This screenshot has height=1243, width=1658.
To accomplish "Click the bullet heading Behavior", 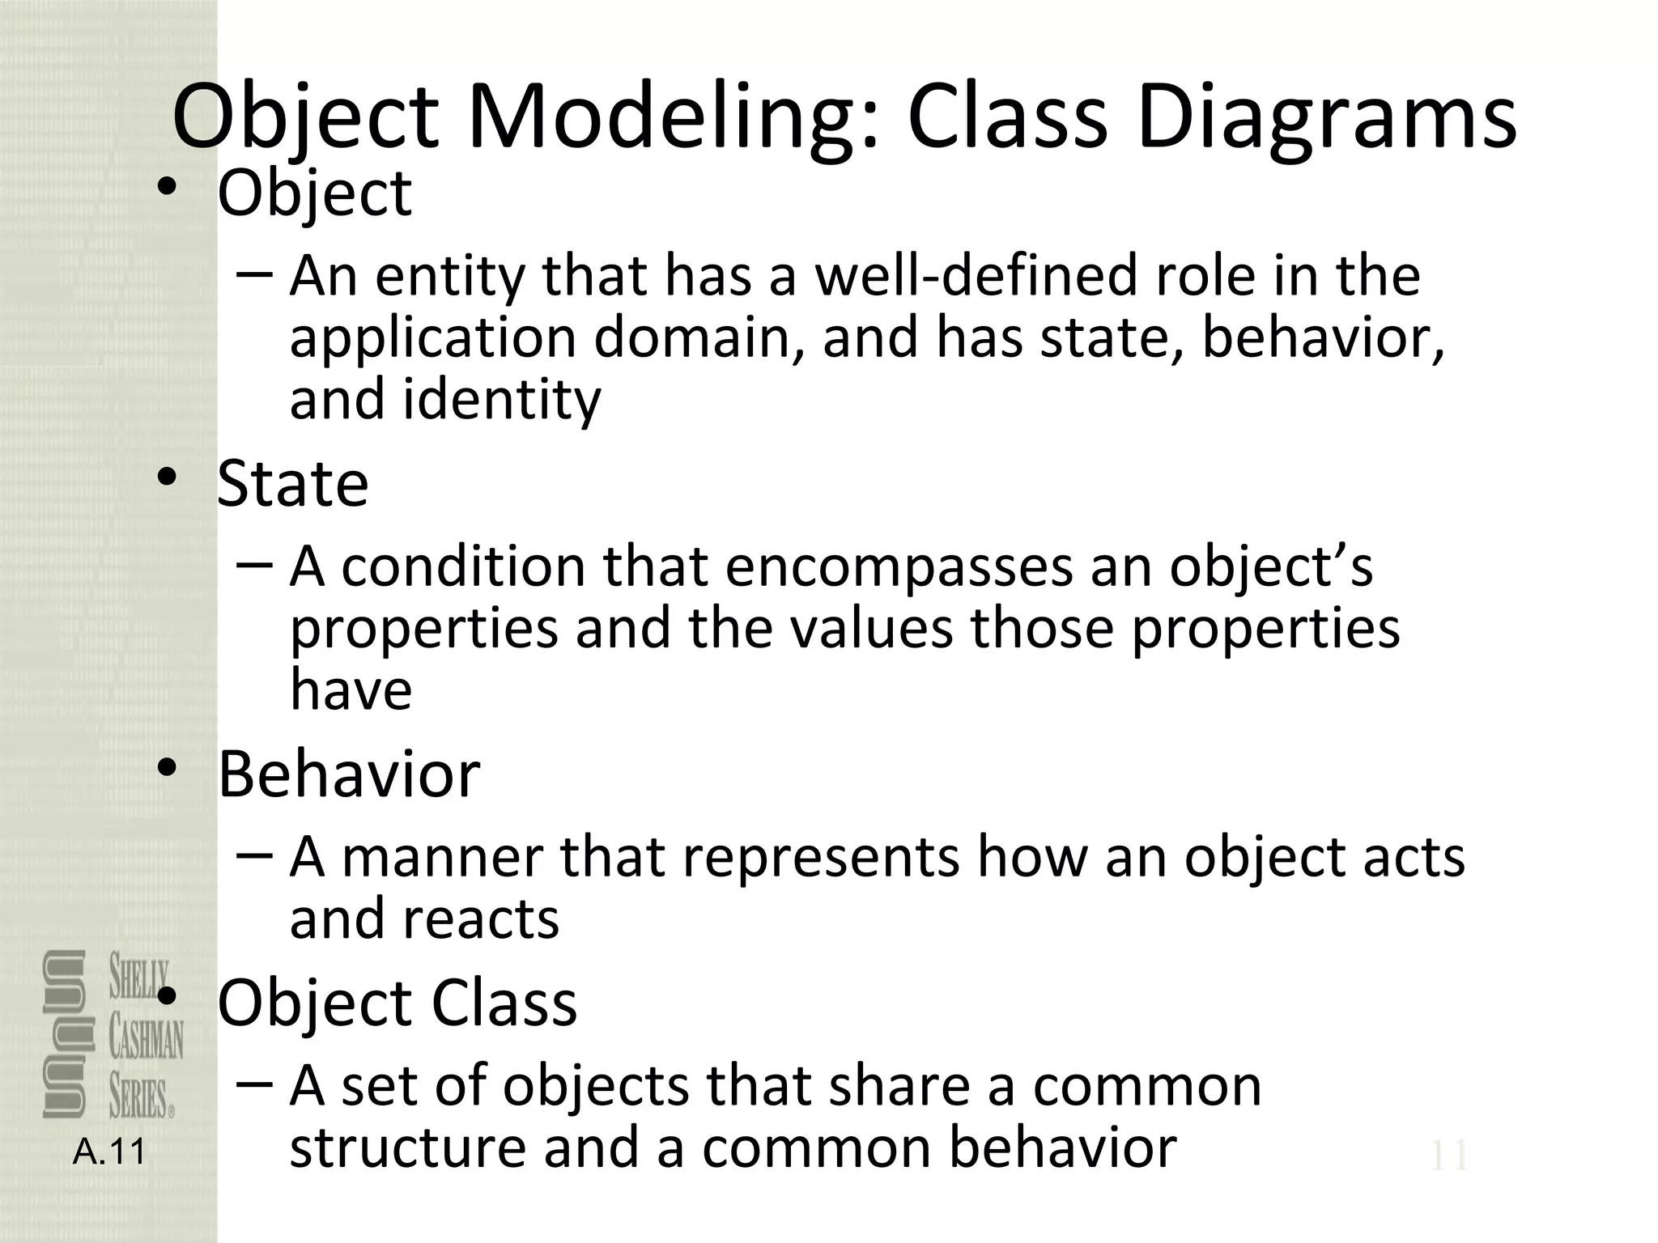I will [349, 774].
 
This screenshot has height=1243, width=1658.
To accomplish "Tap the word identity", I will [502, 400].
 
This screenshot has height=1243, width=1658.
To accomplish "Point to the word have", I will [351, 689].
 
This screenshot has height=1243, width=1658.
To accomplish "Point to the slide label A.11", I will [108, 1152].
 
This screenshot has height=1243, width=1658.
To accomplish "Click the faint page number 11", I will [1448, 1156].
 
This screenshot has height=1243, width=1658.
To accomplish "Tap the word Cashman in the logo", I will [146, 1039].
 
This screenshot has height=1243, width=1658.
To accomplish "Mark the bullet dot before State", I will [167, 478].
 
